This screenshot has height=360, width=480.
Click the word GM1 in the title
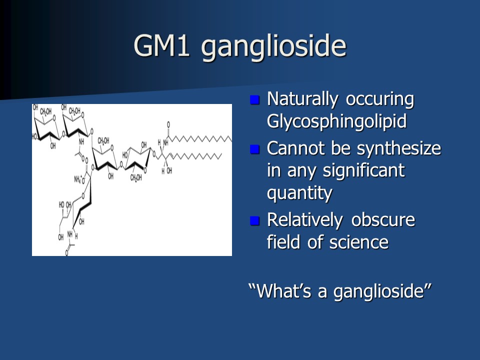pyautogui.click(x=161, y=45)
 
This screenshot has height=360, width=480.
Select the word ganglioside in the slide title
pyautogui.click(x=273, y=47)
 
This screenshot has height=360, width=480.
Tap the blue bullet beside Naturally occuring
pyautogui.click(x=254, y=100)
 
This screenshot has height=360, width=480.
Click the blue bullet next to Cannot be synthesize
pyautogui.click(x=254, y=149)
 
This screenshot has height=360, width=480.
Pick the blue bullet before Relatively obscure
pyautogui.click(x=254, y=220)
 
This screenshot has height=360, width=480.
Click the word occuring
pyautogui.click(x=380, y=100)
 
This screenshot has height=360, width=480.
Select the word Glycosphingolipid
pyautogui.click(x=336, y=121)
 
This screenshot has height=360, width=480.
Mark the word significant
pyautogui.click(x=363, y=171)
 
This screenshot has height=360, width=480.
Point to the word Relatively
pyautogui.click(x=305, y=220)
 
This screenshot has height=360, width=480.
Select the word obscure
pyautogui.click(x=383, y=220)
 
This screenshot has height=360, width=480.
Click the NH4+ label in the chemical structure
pyautogui.click(x=78, y=179)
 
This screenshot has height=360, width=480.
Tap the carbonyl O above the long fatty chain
pyautogui.click(x=168, y=124)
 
